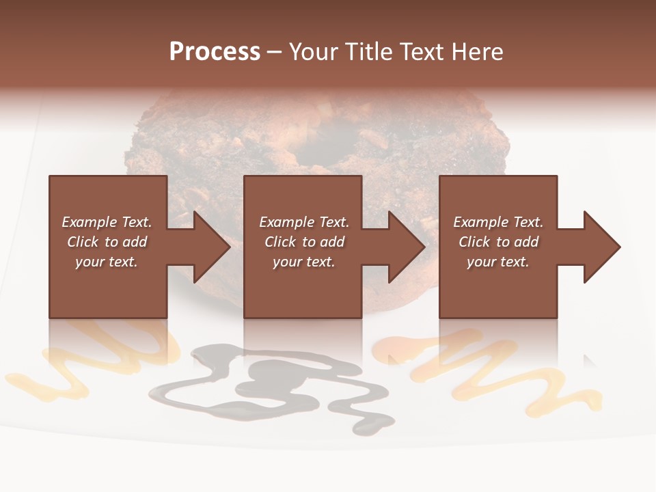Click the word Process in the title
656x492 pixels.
pyautogui.click(x=215, y=52)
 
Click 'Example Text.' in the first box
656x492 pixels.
pyautogui.click(x=107, y=222)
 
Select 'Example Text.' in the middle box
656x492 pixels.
pyautogui.click(x=304, y=222)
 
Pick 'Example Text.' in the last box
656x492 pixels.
pyautogui.click(x=498, y=222)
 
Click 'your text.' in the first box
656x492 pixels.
pyautogui.click(x=107, y=262)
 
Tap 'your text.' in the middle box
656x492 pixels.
pyautogui.click(x=304, y=262)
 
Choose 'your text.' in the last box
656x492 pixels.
pyautogui.click(x=498, y=262)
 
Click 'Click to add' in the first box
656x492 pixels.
pyautogui.click(x=107, y=242)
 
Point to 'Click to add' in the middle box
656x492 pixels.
pyautogui.click(x=304, y=242)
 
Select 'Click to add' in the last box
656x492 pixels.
pyautogui.click(x=498, y=242)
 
